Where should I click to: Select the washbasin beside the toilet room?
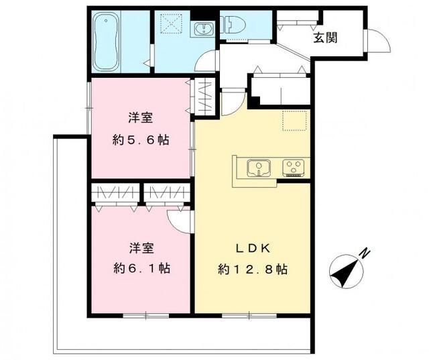(x=201, y=29)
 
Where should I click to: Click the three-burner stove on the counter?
(x=294, y=167)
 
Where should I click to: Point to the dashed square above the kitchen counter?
(x=294, y=121)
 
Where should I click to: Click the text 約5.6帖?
(x=140, y=141)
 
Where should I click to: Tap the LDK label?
(x=252, y=248)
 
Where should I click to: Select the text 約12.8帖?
(x=253, y=269)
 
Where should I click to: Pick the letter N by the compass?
(x=365, y=253)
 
